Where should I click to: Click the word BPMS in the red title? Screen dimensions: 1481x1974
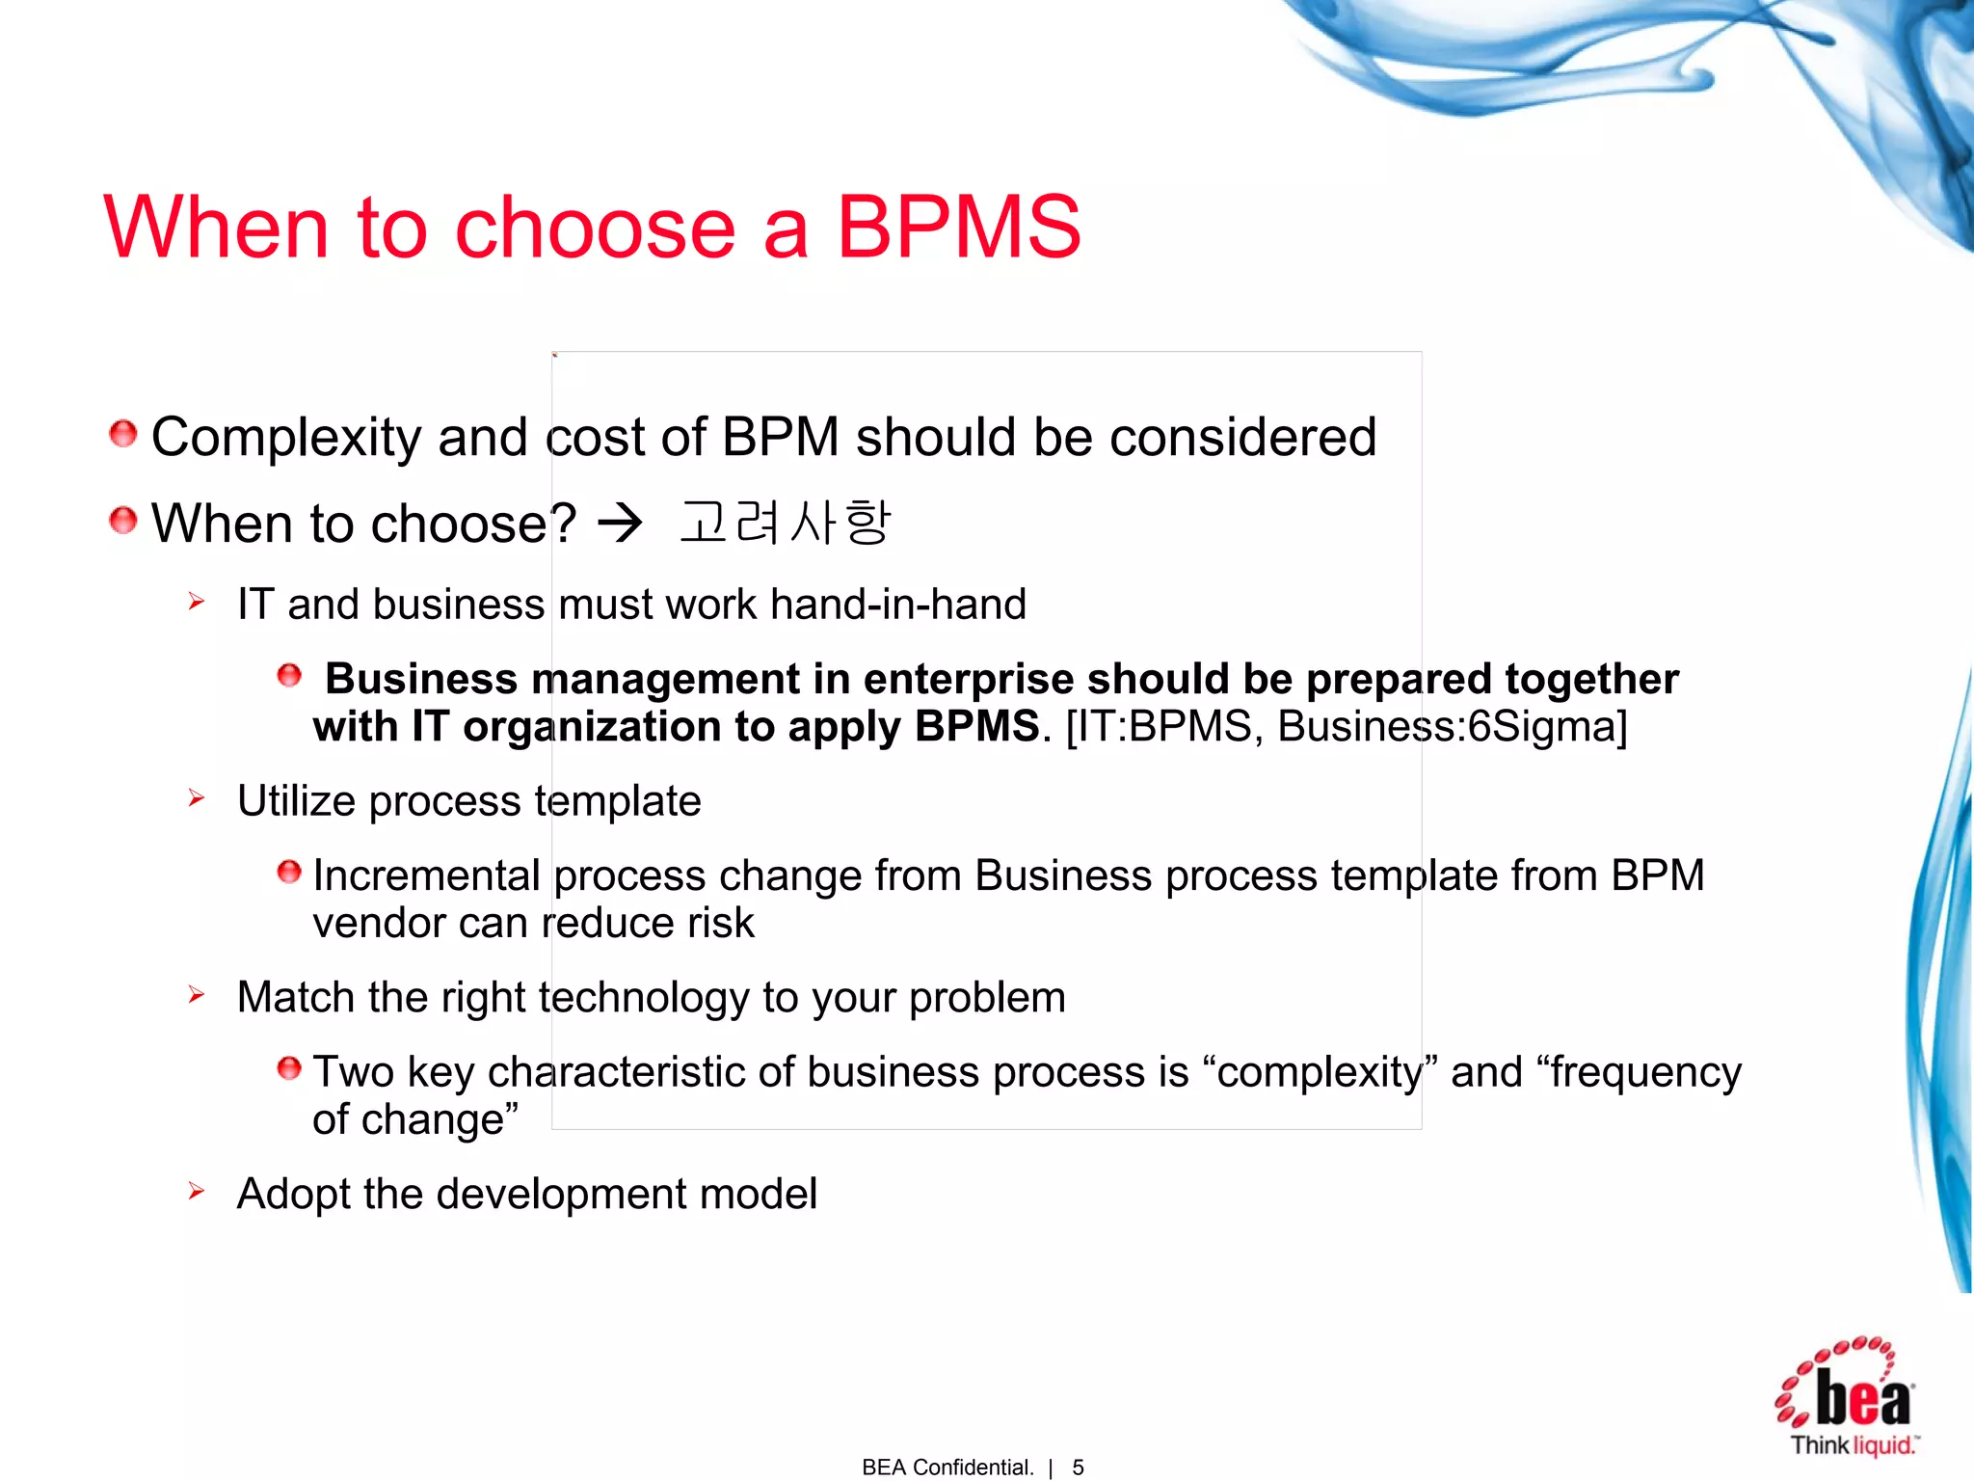pyautogui.click(x=959, y=228)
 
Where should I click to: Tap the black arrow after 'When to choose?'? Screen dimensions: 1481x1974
pyautogui.click(x=620, y=524)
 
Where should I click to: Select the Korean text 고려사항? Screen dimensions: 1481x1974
pyautogui.click(x=786, y=523)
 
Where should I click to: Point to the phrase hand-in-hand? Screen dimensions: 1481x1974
pyautogui.click(x=898, y=605)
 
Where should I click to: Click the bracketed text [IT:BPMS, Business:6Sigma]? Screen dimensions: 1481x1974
pyautogui.click(x=1347, y=727)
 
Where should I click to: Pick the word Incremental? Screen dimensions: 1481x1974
pyautogui.click(x=426, y=876)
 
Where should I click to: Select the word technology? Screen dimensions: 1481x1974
pyautogui.click(x=644, y=998)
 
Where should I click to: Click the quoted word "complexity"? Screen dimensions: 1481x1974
pyautogui.click(x=1320, y=1072)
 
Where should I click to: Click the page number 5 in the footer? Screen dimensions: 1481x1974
pyautogui.click(x=1078, y=1468)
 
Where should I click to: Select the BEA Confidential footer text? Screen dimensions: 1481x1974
pyautogui.click(x=947, y=1468)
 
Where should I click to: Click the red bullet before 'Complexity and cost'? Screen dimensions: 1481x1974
pyautogui.click(x=122, y=434)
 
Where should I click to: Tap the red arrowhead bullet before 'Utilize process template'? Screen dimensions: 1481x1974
pyautogui.click(x=197, y=798)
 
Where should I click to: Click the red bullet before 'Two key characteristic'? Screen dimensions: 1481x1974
pyautogui.click(x=289, y=1068)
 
